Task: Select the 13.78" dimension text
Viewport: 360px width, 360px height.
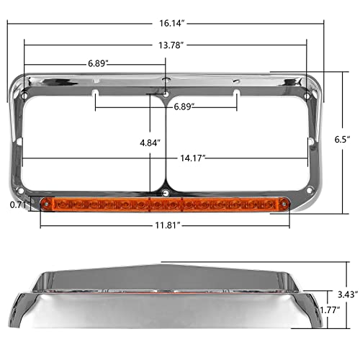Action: [169, 45]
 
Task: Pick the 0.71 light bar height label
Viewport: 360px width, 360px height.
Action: [18, 204]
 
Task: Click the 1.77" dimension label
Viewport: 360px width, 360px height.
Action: [329, 311]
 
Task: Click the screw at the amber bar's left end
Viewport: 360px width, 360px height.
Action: [47, 205]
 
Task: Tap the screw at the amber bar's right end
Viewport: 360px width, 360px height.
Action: [285, 205]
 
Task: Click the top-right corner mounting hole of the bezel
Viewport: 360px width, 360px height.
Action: [308, 96]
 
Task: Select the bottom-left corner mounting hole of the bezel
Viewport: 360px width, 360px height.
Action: [29, 190]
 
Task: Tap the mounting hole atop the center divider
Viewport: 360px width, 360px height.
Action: [166, 94]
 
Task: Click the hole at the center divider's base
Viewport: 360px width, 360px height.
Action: [166, 192]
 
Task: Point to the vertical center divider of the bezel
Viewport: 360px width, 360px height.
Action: [166, 144]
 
